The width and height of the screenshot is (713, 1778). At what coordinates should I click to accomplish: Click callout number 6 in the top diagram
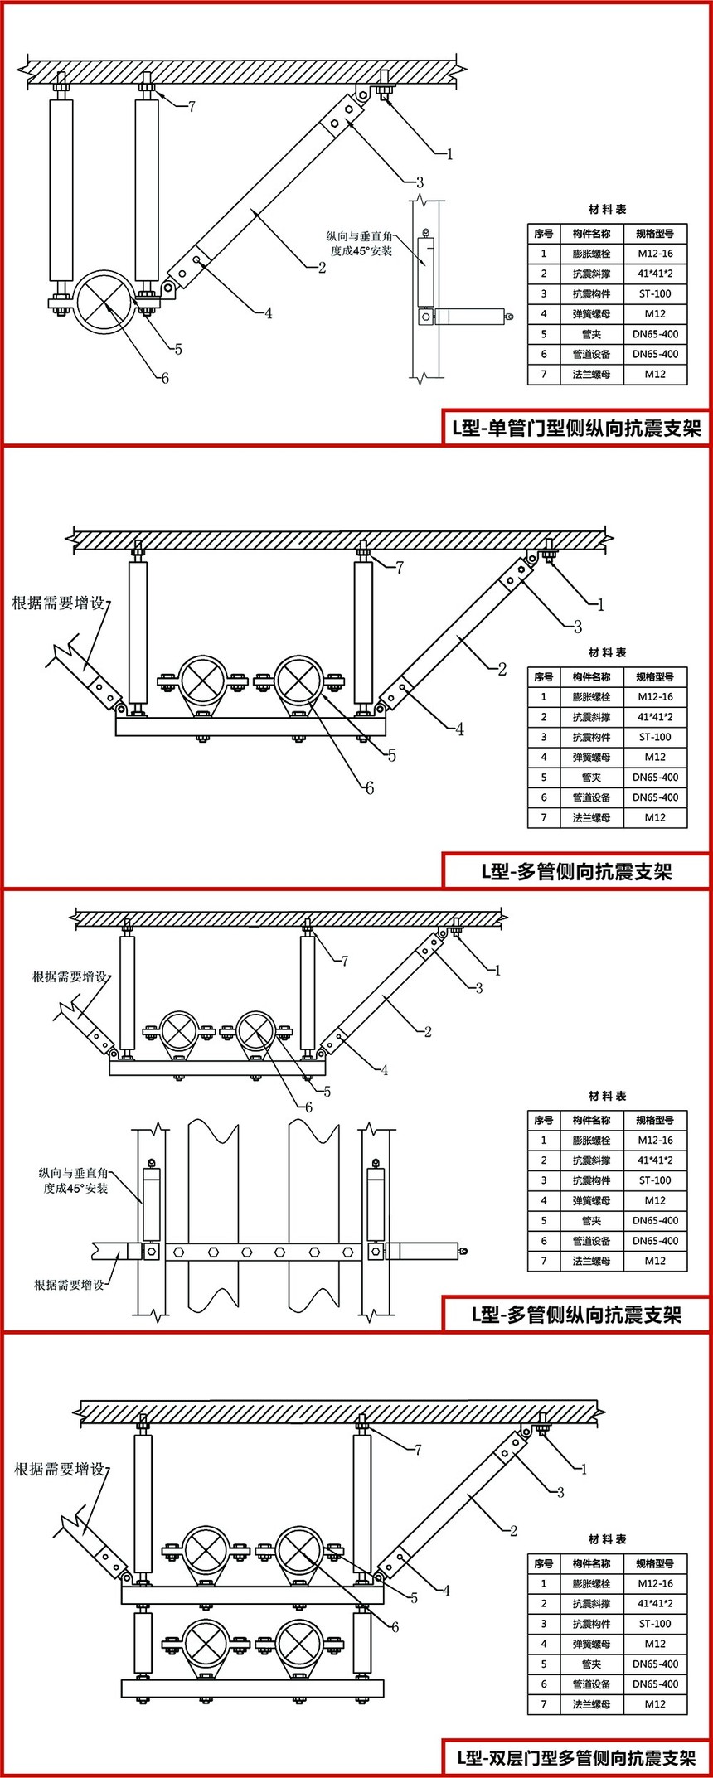click(165, 378)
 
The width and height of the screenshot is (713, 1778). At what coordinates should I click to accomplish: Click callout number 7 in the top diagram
click(192, 106)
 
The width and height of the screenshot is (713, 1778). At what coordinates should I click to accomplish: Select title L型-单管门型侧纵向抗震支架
click(576, 429)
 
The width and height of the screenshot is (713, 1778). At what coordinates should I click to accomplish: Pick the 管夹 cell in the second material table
click(591, 778)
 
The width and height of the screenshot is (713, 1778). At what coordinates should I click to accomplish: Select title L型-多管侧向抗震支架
click(576, 871)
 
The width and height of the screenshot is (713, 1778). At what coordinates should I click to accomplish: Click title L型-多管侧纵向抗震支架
click(576, 1315)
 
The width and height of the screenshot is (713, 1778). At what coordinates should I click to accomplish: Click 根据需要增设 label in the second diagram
click(58, 603)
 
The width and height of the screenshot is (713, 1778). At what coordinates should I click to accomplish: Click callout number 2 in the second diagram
click(502, 669)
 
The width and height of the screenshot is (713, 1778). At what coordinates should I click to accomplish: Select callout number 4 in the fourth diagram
click(447, 1591)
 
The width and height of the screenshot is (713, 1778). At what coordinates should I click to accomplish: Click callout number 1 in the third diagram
click(497, 970)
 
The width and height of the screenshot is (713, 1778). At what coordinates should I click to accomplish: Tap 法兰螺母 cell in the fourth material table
click(591, 1704)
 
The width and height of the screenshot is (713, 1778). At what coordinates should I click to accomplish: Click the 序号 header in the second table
click(544, 677)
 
